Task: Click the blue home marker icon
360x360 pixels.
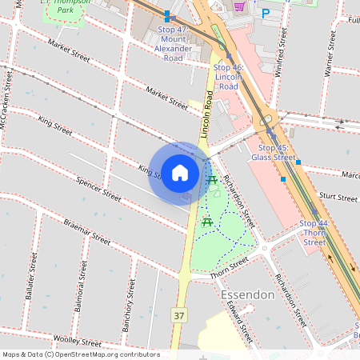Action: (x=180, y=173)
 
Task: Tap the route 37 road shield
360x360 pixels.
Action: (x=178, y=317)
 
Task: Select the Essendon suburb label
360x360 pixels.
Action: (x=246, y=295)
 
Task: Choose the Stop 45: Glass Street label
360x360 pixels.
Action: (x=273, y=152)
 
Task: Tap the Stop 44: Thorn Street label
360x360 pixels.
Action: (x=314, y=232)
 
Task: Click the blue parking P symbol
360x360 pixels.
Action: (x=266, y=13)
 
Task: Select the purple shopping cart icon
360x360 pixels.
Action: (x=239, y=7)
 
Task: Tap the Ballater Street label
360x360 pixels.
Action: (x=32, y=275)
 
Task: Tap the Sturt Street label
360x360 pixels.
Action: (x=337, y=197)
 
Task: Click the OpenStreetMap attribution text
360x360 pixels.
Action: (x=80, y=354)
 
